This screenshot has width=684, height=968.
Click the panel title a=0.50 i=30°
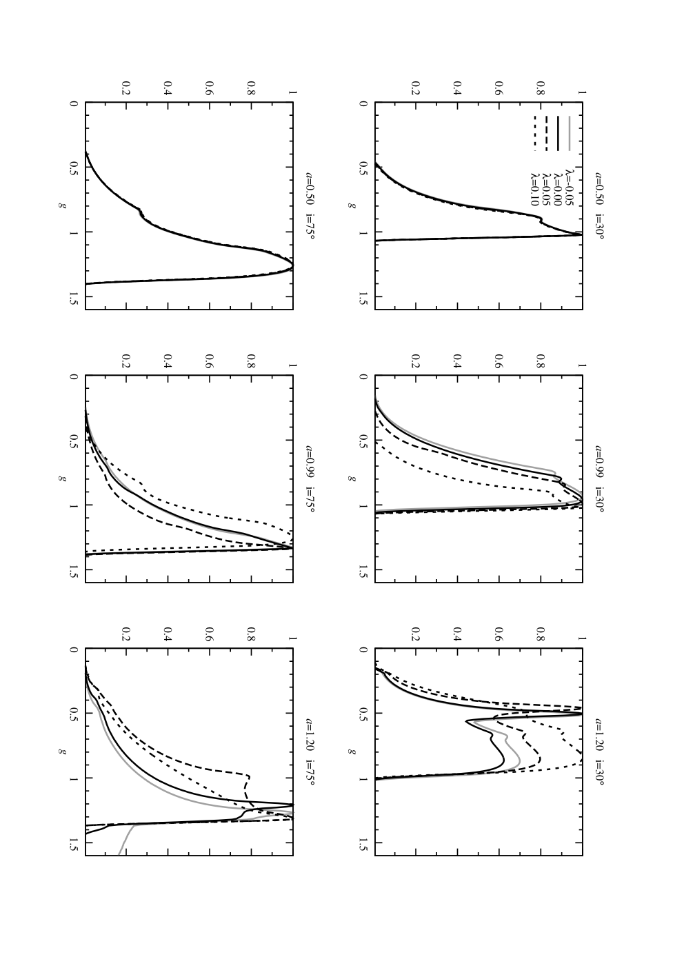tap(599, 205)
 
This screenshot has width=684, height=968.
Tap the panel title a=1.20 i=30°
tap(599, 752)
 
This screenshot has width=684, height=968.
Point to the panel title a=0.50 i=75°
tap(310, 205)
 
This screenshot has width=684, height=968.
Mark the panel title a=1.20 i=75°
tap(310, 752)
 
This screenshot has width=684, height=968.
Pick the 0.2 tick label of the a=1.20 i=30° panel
tap(416, 632)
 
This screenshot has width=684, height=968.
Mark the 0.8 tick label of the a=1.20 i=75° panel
tap(250, 632)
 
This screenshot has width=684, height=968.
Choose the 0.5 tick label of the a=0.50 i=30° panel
tap(363, 168)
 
